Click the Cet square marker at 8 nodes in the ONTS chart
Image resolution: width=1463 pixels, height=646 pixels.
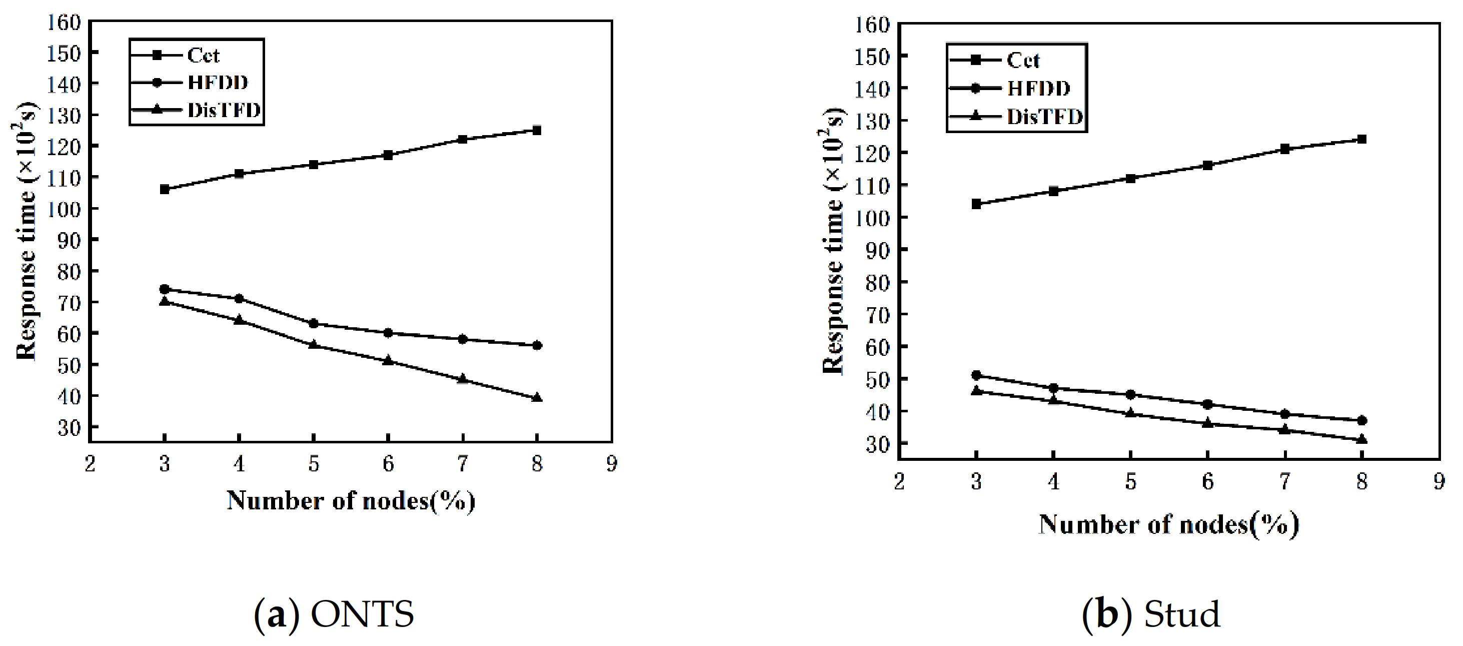[x=537, y=130]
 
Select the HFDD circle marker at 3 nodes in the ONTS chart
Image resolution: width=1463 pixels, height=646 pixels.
[x=165, y=289]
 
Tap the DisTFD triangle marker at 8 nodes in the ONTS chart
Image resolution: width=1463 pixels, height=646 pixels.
[x=537, y=398]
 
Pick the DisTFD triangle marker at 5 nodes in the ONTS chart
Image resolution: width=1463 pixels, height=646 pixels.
[x=314, y=344]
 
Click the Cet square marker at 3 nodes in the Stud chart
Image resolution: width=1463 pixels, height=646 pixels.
[x=976, y=204]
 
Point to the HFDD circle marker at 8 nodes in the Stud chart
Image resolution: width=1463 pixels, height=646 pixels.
[x=1361, y=421]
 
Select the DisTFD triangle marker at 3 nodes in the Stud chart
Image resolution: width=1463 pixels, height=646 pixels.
[x=976, y=390]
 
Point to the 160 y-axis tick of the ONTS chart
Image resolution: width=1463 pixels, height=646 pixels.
[x=67, y=22]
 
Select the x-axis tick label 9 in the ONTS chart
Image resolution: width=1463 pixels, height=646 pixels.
[x=612, y=465]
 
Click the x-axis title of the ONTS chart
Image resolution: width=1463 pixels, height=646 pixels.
[x=351, y=501]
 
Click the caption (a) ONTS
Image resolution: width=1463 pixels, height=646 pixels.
[x=334, y=615]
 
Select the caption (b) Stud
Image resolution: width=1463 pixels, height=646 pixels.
[x=1150, y=615]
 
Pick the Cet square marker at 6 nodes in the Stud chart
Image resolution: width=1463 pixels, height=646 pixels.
[x=1207, y=165]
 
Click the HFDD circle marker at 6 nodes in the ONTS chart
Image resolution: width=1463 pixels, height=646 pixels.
[x=388, y=333]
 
